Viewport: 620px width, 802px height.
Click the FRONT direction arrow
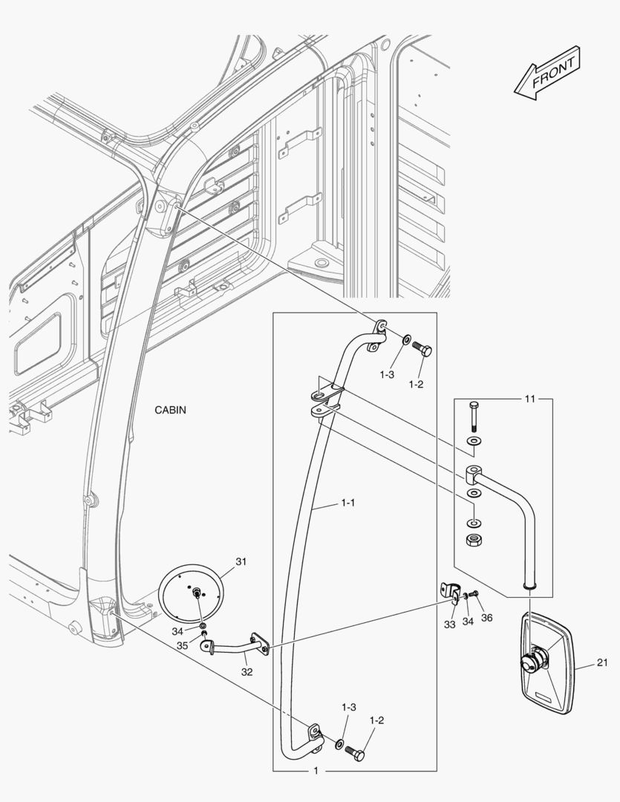(547, 73)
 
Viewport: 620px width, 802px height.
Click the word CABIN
(170, 410)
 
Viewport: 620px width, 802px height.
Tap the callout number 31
(241, 561)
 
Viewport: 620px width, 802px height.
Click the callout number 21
(603, 663)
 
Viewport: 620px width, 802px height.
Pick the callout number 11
(529, 399)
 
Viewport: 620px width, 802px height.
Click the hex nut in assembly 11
(474, 540)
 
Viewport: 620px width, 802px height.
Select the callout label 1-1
(347, 503)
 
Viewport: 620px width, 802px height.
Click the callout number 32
(247, 672)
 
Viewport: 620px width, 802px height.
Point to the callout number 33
(449, 625)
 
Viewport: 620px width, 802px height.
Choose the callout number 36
(486, 618)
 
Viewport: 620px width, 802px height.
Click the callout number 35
(182, 646)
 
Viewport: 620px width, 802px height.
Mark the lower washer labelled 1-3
(339, 743)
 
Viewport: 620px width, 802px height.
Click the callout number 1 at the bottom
(316, 770)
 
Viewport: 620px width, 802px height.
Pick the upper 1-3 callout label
(387, 375)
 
